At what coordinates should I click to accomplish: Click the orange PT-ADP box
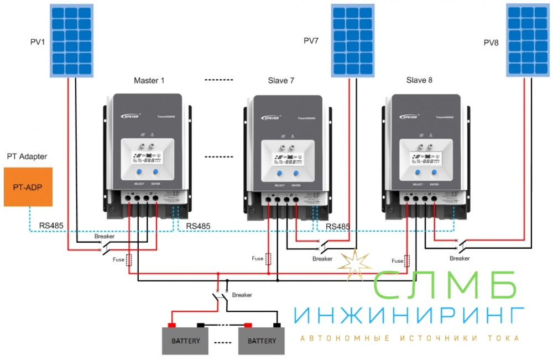click(x=28, y=187)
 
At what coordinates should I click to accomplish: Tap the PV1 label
click(x=38, y=43)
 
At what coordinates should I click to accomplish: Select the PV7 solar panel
click(x=351, y=41)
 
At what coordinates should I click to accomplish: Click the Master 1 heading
click(x=149, y=80)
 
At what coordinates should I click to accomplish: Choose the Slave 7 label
click(x=280, y=81)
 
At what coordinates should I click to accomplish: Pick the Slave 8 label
click(x=419, y=80)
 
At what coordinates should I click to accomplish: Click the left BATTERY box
click(x=185, y=341)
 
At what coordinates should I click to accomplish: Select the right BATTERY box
click(x=262, y=341)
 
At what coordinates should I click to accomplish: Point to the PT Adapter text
click(x=27, y=157)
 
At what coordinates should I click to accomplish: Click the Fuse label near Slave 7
click(x=257, y=258)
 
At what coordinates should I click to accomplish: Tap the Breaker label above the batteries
click(x=242, y=295)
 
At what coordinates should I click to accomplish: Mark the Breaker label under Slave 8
click(x=459, y=258)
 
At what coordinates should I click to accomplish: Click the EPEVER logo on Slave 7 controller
click(x=270, y=117)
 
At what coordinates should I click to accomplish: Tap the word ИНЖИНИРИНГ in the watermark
click(x=408, y=316)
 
